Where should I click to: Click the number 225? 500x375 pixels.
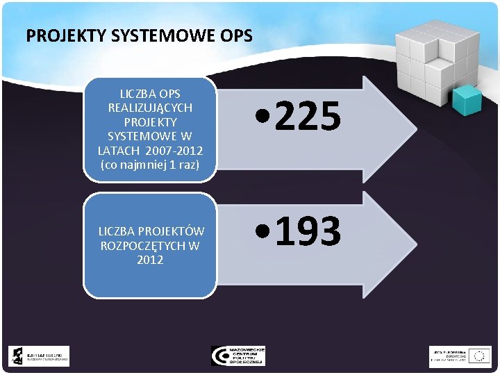point(309,117)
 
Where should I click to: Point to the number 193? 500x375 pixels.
point(309,231)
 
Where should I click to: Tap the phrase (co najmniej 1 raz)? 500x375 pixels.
point(150,165)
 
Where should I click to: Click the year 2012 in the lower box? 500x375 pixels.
point(150,260)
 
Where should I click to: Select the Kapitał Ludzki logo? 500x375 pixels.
point(39,356)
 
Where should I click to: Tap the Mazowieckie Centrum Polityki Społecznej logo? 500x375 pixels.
point(238,356)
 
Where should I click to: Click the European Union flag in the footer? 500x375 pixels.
point(478,356)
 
